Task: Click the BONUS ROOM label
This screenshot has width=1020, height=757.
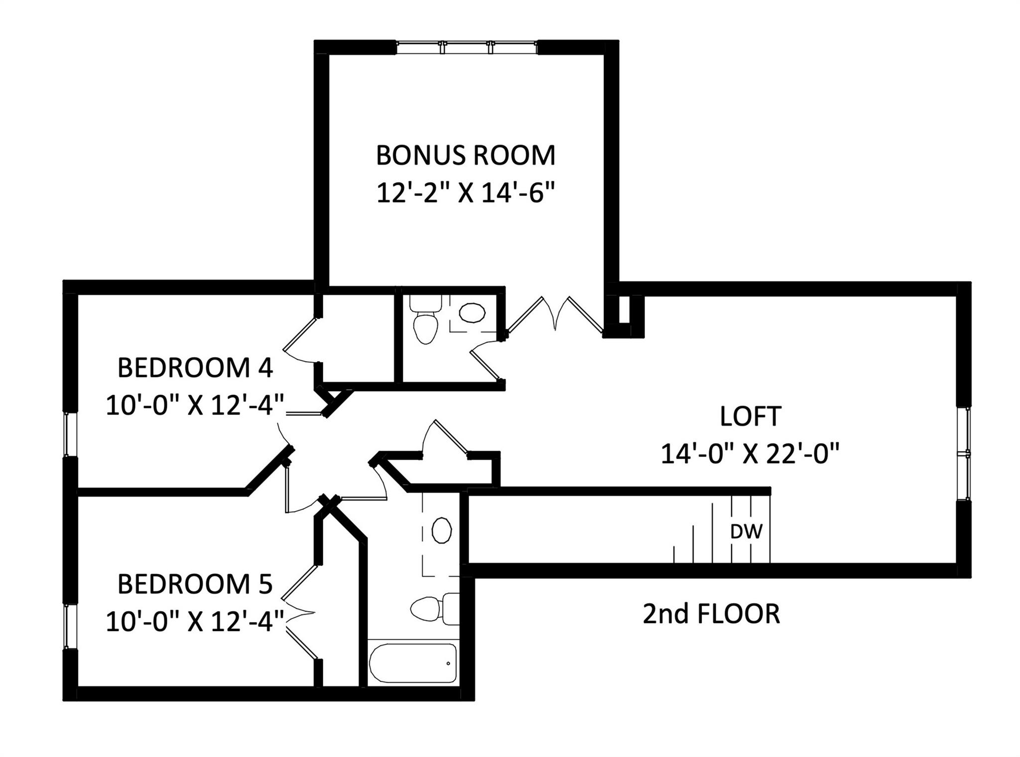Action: (x=465, y=155)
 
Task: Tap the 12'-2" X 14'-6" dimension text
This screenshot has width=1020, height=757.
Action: (x=465, y=193)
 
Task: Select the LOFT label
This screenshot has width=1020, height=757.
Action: (x=750, y=416)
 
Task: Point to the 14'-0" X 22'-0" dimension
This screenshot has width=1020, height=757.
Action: (x=750, y=454)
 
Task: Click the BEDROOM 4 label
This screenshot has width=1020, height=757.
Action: (x=195, y=368)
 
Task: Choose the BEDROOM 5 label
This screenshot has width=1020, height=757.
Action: (x=195, y=584)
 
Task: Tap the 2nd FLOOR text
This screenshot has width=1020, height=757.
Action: (x=711, y=614)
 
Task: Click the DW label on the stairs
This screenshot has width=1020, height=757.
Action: (x=746, y=532)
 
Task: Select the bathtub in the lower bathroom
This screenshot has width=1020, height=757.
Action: (x=412, y=663)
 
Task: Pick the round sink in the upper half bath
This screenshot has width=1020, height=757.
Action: (x=472, y=313)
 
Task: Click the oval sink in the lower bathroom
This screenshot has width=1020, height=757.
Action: (x=441, y=530)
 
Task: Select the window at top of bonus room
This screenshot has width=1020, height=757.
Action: (x=467, y=47)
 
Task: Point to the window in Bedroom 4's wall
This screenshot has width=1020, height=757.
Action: (x=70, y=434)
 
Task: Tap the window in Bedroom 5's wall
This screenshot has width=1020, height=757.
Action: (x=70, y=626)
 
